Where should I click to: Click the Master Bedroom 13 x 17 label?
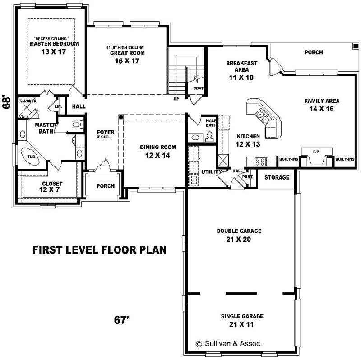(x=54, y=48)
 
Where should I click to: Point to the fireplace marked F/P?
(x=317, y=158)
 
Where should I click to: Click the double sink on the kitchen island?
(x=264, y=117)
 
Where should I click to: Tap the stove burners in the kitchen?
(x=260, y=161)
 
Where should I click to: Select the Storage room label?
(x=277, y=177)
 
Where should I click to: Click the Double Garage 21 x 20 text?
(x=239, y=235)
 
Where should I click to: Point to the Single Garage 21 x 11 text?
(x=242, y=320)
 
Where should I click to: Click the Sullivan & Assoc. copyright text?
(x=228, y=343)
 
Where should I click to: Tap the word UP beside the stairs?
(x=176, y=98)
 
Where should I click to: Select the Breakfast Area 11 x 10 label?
(x=241, y=70)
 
